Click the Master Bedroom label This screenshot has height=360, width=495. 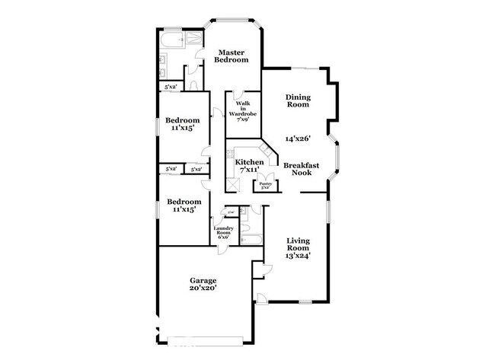click(231, 55)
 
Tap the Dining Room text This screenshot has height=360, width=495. click(298, 100)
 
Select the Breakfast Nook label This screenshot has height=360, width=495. click(301, 169)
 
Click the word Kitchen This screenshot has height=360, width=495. click(249, 162)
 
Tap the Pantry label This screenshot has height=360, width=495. click(265, 183)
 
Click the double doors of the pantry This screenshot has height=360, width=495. click(265, 175)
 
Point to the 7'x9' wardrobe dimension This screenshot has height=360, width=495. click(244, 119)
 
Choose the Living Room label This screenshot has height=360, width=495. click(299, 246)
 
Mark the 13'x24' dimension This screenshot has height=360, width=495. click(299, 256)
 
